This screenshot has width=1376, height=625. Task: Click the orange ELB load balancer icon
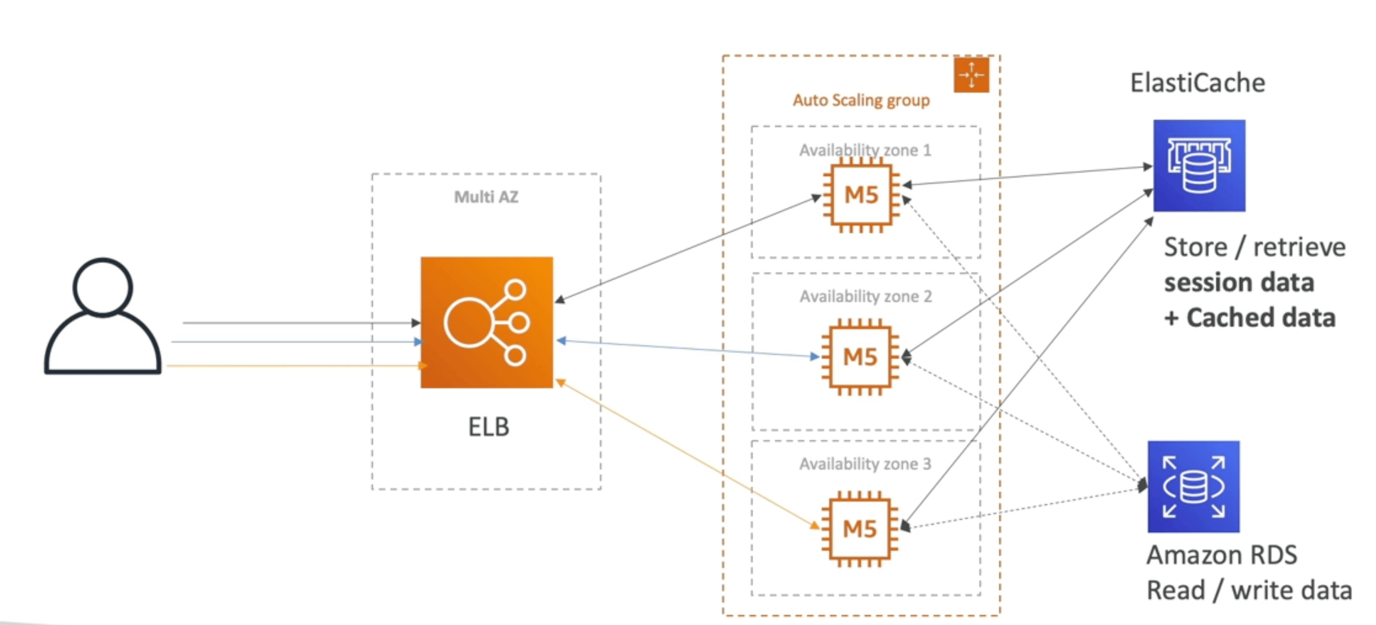[487, 322]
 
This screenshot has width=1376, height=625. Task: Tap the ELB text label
[489, 427]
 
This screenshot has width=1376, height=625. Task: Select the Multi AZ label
[486, 197]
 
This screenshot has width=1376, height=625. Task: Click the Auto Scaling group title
[861, 100]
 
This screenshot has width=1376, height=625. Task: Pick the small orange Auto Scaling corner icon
[971, 75]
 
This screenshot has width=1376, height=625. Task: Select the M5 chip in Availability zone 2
[860, 357]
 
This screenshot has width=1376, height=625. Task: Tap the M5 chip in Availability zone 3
[860, 529]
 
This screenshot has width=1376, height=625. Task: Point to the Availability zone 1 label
[865, 150]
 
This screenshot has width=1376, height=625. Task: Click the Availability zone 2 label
[865, 296]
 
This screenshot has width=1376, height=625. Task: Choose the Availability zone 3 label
[865, 464]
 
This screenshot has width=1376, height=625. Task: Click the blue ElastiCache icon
[1199, 165]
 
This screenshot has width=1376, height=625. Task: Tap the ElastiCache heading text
[1198, 83]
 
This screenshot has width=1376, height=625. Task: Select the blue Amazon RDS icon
[1193, 486]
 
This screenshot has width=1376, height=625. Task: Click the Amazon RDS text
[1222, 555]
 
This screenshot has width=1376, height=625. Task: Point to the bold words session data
[1239, 282]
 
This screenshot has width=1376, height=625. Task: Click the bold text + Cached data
[1250, 317]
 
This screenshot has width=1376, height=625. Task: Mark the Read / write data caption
[1249, 590]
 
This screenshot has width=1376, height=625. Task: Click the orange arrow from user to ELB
[297, 366]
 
